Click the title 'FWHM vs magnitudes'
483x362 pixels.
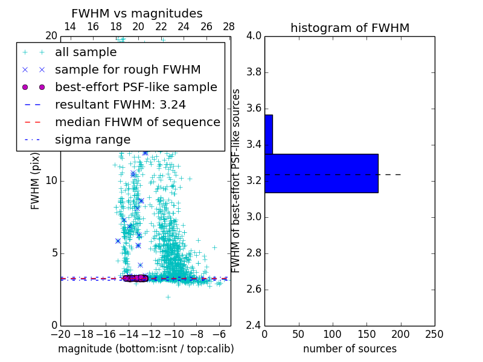[x=137, y=13]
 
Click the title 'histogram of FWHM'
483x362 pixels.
[x=350, y=28]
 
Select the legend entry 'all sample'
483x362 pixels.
[x=86, y=52]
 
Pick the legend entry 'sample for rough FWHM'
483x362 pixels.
[x=127, y=70]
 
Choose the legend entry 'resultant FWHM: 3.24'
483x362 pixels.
[x=120, y=105]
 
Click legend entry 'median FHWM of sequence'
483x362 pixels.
[x=137, y=122]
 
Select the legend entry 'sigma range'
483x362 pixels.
[x=92, y=140]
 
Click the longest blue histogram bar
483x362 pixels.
[x=321, y=173]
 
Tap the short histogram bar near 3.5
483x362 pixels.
[x=269, y=134]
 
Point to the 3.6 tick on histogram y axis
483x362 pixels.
[x=254, y=109]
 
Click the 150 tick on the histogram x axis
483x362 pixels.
[x=367, y=334]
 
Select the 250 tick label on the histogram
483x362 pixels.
[x=435, y=334]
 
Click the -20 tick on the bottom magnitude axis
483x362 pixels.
[x=60, y=334]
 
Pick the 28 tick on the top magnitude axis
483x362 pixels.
[x=229, y=27]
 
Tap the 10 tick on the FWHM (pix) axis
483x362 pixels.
[x=51, y=181]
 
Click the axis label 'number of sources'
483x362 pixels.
[x=350, y=349]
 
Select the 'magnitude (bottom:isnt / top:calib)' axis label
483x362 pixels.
[x=146, y=349]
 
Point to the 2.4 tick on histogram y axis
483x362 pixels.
[x=254, y=326]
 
